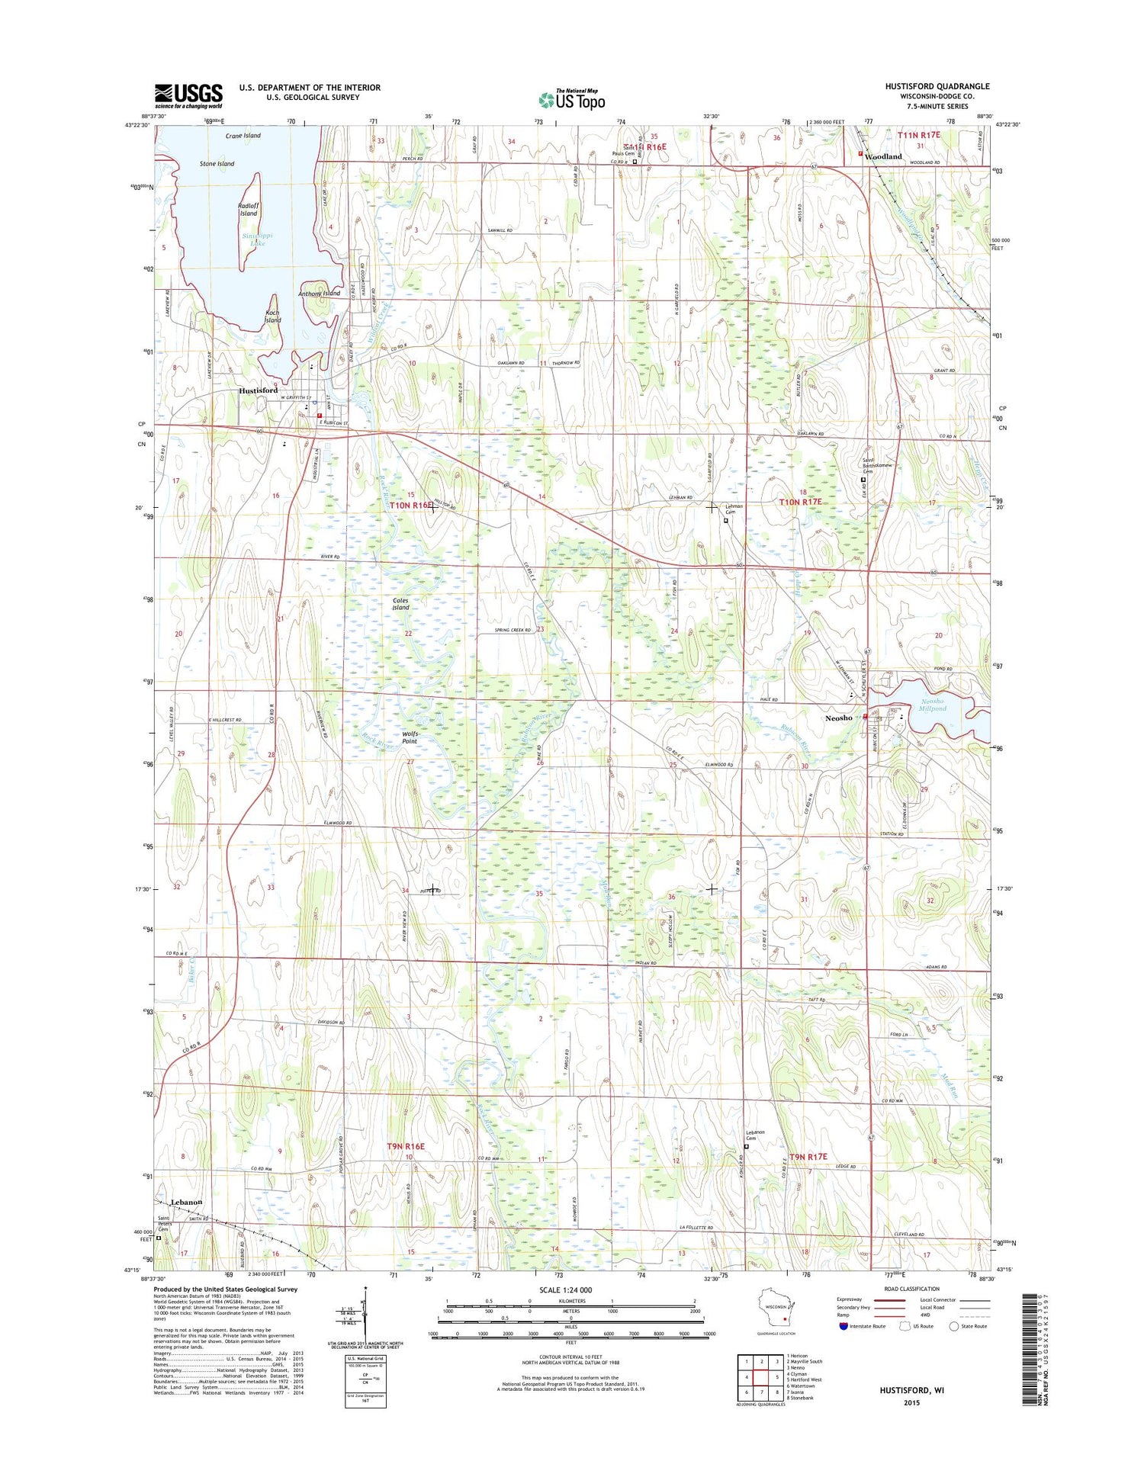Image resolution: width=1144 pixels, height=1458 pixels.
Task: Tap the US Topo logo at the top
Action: pyautogui.click(x=571, y=99)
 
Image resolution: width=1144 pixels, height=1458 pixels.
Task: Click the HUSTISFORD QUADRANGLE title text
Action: pyautogui.click(x=937, y=86)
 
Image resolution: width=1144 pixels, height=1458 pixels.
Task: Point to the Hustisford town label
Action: pyautogui.click(x=258, y=390)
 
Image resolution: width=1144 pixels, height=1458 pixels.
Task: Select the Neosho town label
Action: pyautogui.click(x=838, y=718)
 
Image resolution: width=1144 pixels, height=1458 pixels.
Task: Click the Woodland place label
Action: pyautogui.click(x=883, y=156)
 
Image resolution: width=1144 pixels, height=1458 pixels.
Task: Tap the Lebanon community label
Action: pyautogui.click(x=186, y=1202)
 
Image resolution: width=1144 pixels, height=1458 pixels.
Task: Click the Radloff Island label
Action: pyautogui.click(x=249, y=210)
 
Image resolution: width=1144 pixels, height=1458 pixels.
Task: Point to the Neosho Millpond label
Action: pyautogui.click(x=931, y=705)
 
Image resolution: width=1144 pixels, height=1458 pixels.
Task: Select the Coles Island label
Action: pyautogui.click(x=400, y=604)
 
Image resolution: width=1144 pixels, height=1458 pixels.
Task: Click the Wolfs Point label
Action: pyautogui.click(x=410, y=737)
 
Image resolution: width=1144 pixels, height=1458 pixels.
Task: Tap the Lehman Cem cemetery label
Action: pyautogui.click(x=734, y=510)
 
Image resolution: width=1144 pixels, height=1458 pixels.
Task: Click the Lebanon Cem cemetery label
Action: pyautogui.click(x=756, y=1135)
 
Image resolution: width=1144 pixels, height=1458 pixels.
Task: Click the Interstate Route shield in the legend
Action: pyautogui.click(x=843, y=1326)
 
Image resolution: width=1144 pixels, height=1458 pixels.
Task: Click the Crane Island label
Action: pyautogui.click(x=243, y=136)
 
